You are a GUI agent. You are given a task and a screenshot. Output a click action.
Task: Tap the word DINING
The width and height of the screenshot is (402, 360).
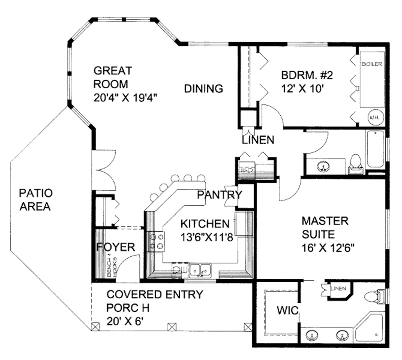pos(204,89)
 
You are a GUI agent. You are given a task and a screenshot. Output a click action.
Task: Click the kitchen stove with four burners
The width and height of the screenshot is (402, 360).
pos(156,241)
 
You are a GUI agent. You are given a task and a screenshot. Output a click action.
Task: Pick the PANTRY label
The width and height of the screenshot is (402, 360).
pos(219,195)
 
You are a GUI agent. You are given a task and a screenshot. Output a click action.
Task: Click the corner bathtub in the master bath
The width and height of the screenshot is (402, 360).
pos(370,327)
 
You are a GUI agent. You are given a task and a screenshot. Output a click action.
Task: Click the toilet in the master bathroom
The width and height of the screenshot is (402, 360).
pos(371,297)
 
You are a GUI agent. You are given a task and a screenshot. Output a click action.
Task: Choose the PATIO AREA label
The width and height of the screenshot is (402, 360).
pos(35,199)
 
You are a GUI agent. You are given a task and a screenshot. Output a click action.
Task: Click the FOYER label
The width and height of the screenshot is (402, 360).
pos(115,247)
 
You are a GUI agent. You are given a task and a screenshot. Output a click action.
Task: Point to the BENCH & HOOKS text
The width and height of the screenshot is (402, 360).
pos(113,267)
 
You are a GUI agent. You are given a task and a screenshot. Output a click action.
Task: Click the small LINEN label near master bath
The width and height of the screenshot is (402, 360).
pos(338,289)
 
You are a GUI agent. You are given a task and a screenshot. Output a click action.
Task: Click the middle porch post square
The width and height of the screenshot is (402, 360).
pos(171,326)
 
